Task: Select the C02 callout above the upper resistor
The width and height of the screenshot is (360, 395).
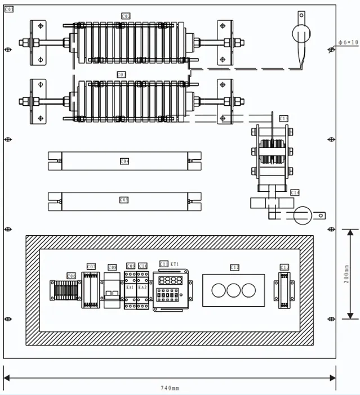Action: click(x=126, y=16)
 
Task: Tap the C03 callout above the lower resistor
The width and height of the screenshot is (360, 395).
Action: click(x=121, y=74)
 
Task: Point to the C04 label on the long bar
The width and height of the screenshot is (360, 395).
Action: click(x=125, y=161)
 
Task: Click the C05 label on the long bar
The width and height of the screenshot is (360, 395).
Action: click(x=124, y=199)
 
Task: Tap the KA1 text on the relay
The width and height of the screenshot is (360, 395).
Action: click(x=130, y=287)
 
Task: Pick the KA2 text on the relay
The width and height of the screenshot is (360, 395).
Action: click(x=143, y=287)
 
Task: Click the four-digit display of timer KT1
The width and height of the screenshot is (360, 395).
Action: click(x=170, y=280)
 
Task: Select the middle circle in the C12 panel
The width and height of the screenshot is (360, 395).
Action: click(x=233, y=290)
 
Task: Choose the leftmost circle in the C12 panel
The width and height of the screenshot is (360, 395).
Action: click(x=217, y=290)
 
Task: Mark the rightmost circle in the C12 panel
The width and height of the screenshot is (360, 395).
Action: click(x=248, y=290)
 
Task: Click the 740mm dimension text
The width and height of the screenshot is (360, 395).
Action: click(x=170, y=388)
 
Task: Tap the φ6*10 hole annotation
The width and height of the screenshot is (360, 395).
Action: click(x=348, y=42)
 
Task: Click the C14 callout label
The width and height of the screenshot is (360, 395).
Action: click(x=295, y=192)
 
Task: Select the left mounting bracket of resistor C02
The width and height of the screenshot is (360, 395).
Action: click(x=38, y=42)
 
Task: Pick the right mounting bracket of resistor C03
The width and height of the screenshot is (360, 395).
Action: click(x=225, y=101)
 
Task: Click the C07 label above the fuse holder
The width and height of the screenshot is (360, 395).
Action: click(x=91, y=266)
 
